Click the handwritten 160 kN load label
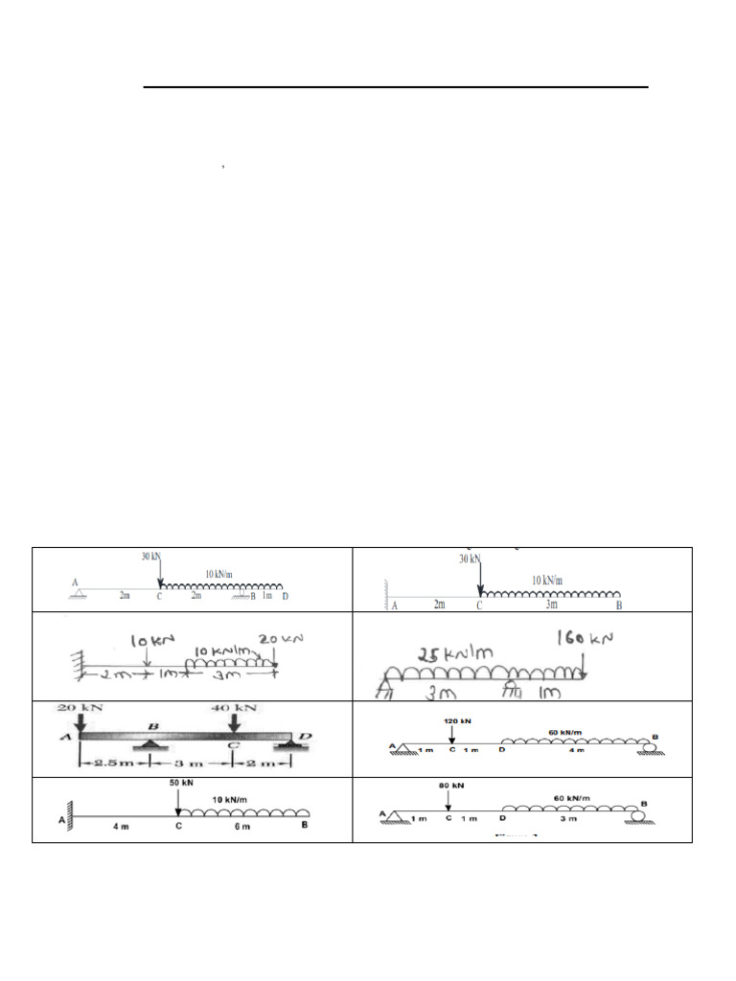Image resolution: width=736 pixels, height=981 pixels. pyautogui.click(x=586, y=637)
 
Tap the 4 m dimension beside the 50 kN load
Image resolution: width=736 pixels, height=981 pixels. pyautogui.click(x=119, y=827)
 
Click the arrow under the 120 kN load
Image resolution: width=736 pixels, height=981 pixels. pyautogui.click(x=451, y=733)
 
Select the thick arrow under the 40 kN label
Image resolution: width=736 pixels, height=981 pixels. pyautogui.click(x=234, y=725)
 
